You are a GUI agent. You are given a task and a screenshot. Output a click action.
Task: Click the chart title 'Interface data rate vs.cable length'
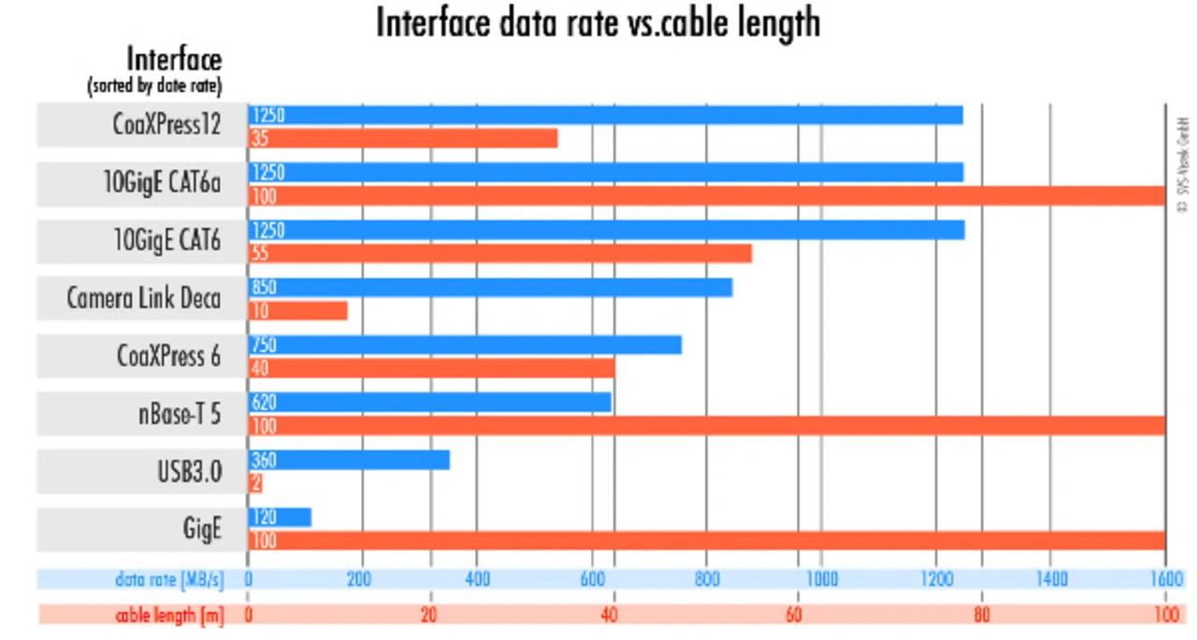598,22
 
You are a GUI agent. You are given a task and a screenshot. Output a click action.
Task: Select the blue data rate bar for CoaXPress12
605,115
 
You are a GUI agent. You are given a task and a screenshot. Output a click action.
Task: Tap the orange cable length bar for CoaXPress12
403,138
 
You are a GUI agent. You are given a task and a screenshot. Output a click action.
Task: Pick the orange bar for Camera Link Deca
298,311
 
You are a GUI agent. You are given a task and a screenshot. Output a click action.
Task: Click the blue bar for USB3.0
349,460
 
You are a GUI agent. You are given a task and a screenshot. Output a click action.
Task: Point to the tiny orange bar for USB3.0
255,484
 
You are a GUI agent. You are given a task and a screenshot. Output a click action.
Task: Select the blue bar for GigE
280,517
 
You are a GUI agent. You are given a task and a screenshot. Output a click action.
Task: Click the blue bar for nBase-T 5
429,402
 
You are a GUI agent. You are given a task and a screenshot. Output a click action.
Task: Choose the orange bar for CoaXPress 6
431,369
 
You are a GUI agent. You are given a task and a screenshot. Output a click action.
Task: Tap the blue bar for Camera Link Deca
490,287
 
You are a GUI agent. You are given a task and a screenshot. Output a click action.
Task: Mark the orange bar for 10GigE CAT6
500,254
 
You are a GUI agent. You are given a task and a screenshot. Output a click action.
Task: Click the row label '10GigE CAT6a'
162,184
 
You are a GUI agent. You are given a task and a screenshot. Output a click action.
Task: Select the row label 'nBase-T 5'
177,414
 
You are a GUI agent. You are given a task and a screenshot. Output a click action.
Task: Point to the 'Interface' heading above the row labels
175,60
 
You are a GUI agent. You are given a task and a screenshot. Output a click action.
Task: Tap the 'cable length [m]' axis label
169,615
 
